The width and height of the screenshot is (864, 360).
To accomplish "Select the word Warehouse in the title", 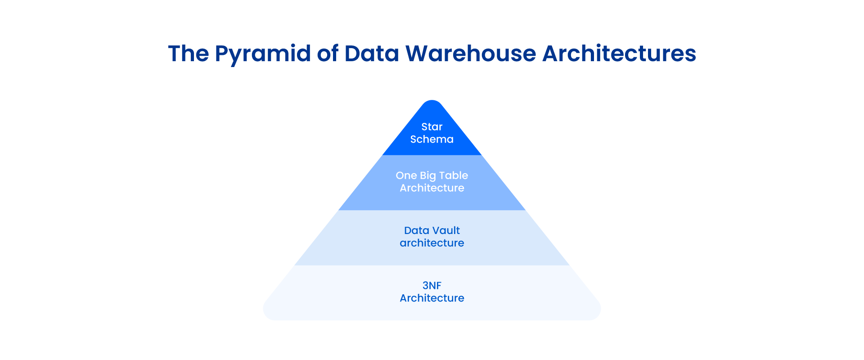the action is [x=471, y=54].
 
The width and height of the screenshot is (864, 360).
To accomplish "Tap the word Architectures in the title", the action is [x=619, y=54].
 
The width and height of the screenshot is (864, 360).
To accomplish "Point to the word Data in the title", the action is [x=372, y=54].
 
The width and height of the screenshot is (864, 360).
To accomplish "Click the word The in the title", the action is [x=189, y=54].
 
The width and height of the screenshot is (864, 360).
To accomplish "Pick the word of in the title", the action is [x=328, y=54].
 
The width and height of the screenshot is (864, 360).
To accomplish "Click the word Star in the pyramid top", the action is [x=432, y=127].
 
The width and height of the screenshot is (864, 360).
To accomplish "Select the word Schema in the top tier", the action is [x=432, y=139].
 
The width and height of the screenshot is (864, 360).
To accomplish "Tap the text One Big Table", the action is [x=432, y=175].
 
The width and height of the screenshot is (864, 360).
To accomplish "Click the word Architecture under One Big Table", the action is [x=432, y=188].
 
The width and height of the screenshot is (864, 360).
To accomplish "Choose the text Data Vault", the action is [x=432, y=230].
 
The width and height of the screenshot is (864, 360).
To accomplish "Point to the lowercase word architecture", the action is [x=432, y=243].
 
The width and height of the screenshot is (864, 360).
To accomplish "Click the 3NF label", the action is [x=432, y=286].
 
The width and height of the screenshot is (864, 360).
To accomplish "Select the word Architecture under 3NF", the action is [x=432, y=298].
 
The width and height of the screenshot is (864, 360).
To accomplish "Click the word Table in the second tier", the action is [x=454, y=175].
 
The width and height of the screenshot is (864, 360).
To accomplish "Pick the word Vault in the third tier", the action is [x=446, y=230].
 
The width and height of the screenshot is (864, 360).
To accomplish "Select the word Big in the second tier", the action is [x=428, y=176].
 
